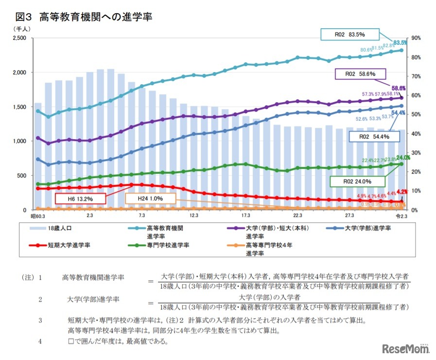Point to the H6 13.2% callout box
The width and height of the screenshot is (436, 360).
tap(80, 198)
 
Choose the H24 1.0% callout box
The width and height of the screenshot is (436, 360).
tap(150, 198)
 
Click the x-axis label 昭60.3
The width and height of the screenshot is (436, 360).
tap(37, 216)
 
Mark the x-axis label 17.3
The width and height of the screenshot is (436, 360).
tap(246, 216)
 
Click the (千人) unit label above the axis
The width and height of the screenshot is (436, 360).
tap(22, 29)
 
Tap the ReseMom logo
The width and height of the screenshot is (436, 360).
tap(405, 349)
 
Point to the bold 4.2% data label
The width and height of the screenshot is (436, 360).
tap(402, 192)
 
